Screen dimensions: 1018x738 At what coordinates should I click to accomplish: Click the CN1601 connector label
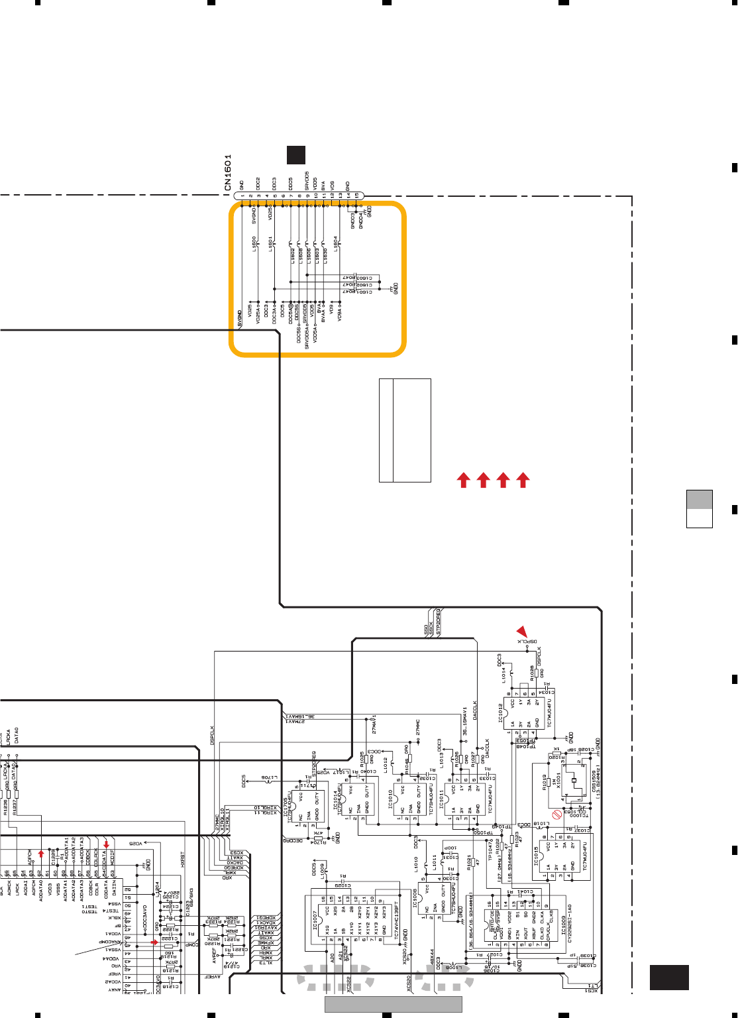[228, 173]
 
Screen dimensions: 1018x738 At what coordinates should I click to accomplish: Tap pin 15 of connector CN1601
[356, 196]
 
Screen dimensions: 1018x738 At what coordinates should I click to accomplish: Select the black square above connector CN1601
[295, 154]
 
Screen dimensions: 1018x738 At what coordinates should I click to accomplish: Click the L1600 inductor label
[254, 244]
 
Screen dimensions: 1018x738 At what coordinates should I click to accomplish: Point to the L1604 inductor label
[336, 244]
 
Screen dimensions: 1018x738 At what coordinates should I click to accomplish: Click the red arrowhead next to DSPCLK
[523, 631]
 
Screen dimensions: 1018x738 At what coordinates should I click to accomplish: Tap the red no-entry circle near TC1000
[557, 815]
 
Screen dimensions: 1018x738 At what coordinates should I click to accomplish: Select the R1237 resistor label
[14, 807]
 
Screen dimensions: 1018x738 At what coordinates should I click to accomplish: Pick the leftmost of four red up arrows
[464, 480]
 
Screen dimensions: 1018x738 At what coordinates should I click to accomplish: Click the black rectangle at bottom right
[669, 978]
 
